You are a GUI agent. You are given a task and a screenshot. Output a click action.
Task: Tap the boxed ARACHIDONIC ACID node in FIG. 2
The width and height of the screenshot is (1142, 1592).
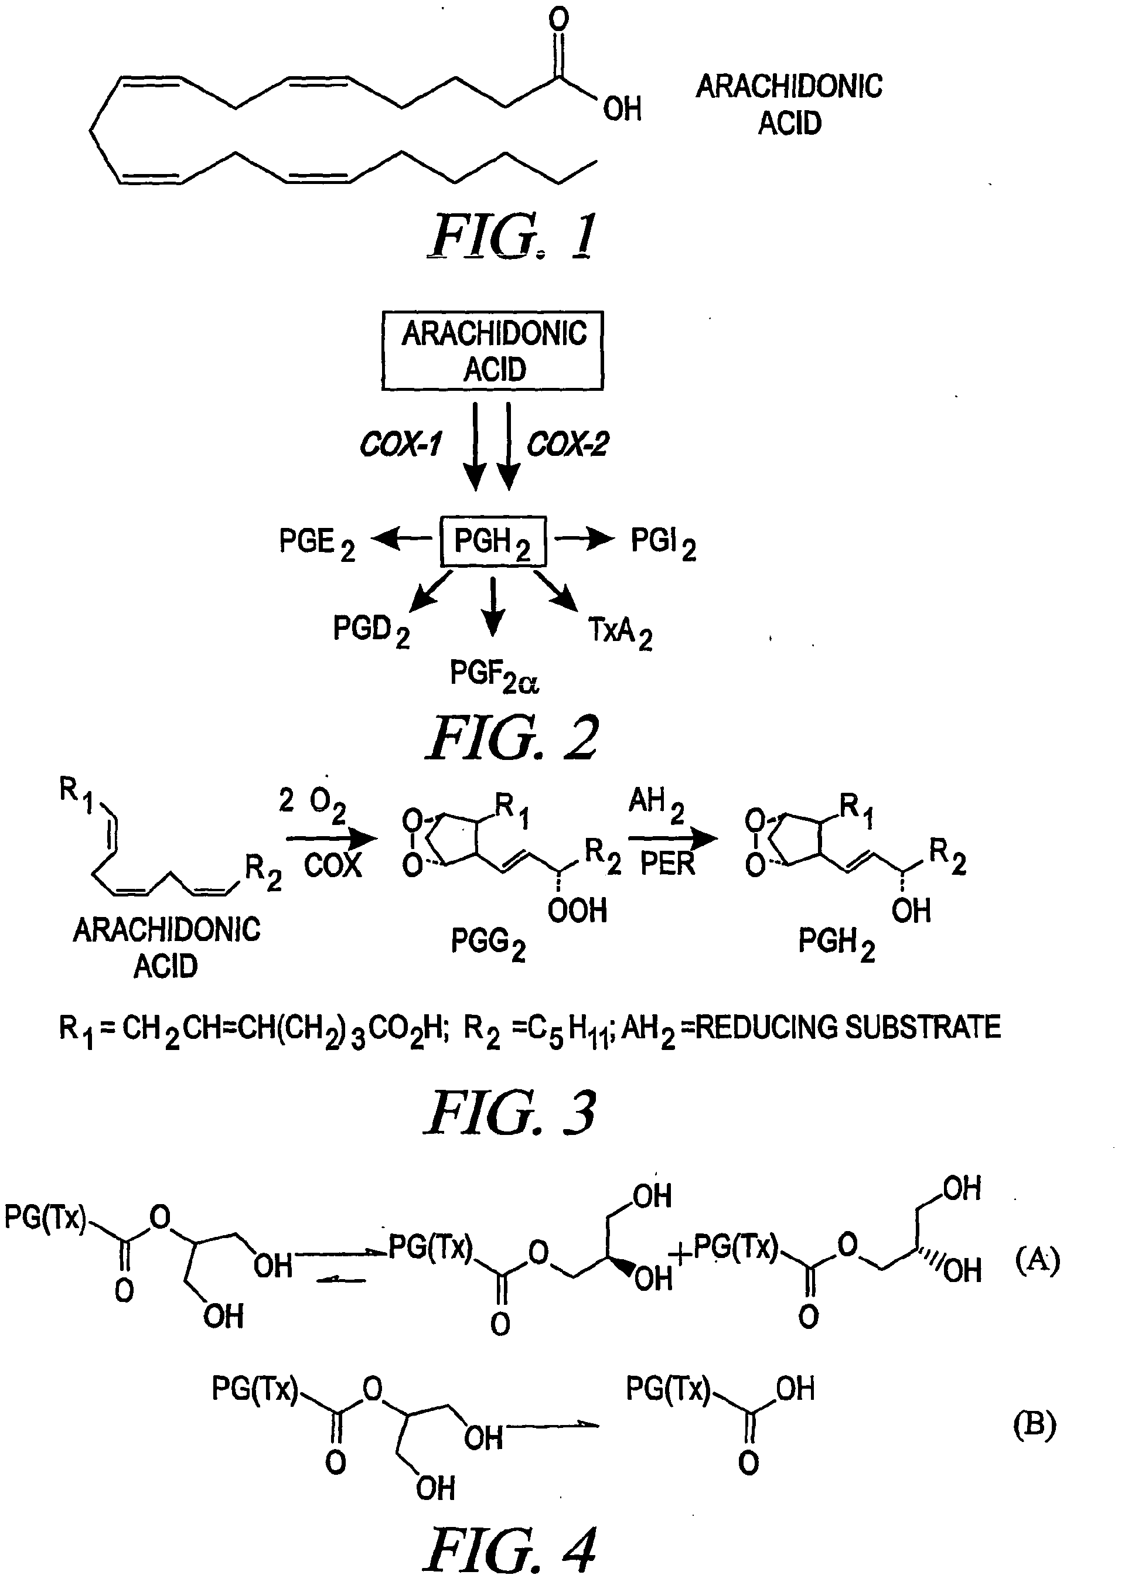click(493, 350)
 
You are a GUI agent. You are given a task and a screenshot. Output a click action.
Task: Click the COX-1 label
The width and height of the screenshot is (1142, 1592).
click(401, 444)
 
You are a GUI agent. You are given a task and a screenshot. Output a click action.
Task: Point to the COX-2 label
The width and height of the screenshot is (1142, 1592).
click(568, 444)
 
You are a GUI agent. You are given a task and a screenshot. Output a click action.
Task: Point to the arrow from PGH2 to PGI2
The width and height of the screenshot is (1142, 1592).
click(584, 539)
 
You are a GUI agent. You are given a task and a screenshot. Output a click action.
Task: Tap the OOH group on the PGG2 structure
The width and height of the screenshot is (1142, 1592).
click(577, 911)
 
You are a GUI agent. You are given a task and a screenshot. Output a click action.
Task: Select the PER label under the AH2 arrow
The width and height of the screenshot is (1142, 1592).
click(667, 864)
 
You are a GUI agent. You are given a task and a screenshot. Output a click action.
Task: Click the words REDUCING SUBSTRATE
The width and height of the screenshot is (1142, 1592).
click(848, 1028)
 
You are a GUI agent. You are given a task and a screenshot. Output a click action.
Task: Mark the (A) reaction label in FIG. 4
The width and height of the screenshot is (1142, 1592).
click(1037, 1261)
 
